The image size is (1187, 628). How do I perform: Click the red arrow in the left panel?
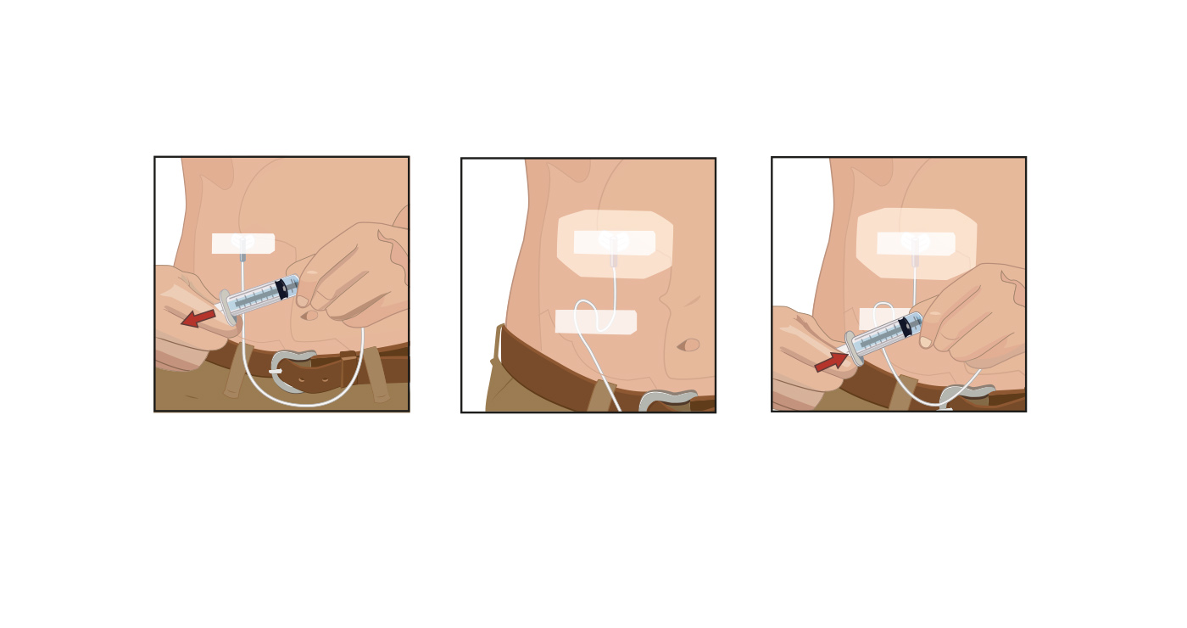coord(198,318)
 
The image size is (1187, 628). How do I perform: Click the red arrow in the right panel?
coord(831,362)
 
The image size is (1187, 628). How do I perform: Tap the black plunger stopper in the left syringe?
coord(281,289)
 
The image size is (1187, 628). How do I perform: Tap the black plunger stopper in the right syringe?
coord(905,328)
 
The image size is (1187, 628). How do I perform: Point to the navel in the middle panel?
coord(690,345)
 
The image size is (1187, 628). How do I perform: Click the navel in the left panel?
coord(309,315)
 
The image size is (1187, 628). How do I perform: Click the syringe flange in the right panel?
coord(853,348)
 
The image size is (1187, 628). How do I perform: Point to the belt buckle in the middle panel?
coord(666,400)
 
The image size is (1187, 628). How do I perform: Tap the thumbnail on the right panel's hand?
coord(926,342)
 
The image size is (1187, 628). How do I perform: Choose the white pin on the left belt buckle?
coord(276,371)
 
